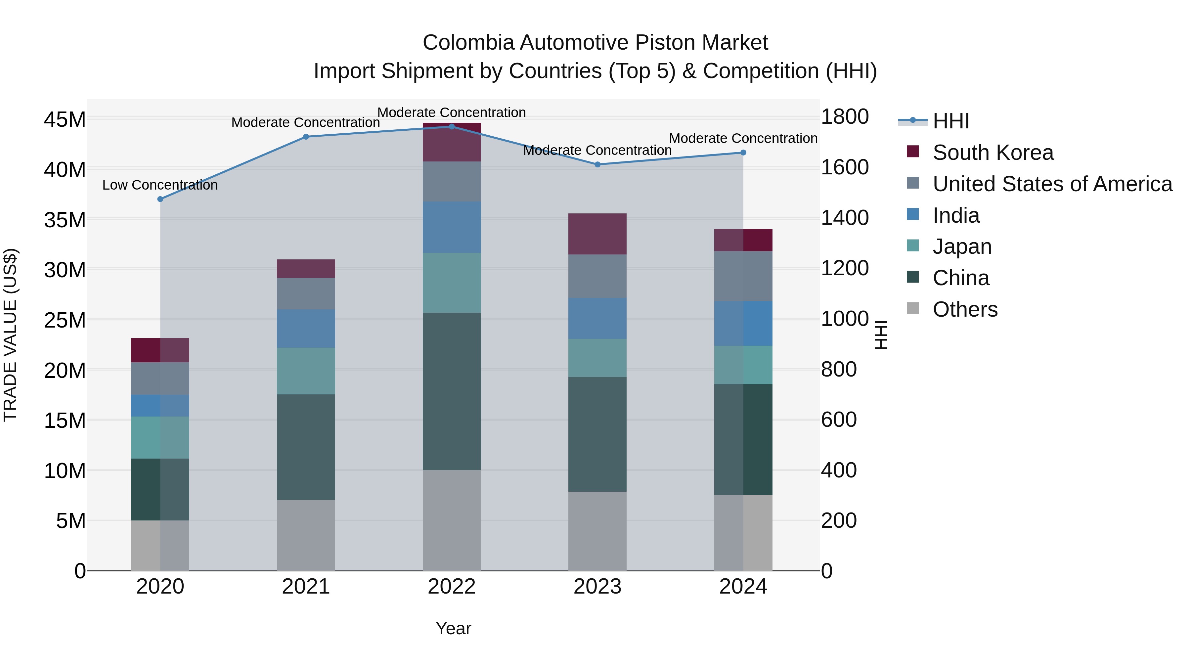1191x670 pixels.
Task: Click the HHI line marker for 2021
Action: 306,137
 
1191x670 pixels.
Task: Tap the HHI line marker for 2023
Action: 597,165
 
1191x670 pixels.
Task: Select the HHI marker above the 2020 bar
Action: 160,199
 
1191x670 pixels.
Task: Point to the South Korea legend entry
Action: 992,153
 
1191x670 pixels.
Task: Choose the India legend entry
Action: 956,215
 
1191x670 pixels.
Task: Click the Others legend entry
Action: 965,309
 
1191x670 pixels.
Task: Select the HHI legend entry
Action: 950,121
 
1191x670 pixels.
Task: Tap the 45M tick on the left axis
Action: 65,120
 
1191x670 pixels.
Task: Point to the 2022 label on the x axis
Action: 452,587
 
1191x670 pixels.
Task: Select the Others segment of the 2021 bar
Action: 306,535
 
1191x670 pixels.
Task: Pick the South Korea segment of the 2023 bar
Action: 597,234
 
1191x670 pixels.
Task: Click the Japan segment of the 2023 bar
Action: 597,358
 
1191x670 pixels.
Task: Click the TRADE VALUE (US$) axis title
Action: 11,335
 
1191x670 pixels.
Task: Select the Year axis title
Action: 453,628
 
